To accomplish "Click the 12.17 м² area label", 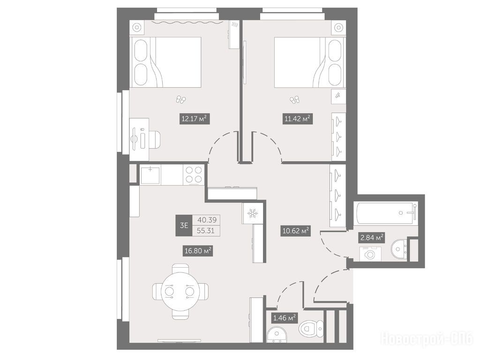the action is (x=195, y=119).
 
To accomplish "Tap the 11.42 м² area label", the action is (x=298, y=119).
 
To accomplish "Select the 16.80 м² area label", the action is (x=198, y=251).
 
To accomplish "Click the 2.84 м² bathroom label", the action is (x=372, y=237).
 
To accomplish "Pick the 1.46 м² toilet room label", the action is (x=285, y=318).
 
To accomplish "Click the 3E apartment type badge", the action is (x=184, y=225).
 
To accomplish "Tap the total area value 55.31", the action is (x=206, y=231).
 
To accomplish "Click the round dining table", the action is (x=180, y=291).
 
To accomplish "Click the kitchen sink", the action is (x=150, y=174).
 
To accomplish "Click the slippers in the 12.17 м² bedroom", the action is (x=180, y=99).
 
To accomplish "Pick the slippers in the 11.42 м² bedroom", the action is (x=295, y=100).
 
